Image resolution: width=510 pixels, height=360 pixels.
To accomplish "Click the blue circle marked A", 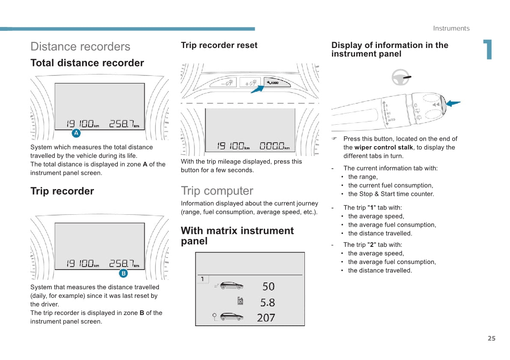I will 76,133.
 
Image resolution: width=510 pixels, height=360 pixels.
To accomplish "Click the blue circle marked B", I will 123,273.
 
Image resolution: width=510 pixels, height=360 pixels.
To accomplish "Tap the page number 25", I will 491,339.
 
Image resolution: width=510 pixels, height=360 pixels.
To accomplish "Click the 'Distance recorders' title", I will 80,47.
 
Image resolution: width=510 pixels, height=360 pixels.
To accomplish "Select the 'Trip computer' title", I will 217,191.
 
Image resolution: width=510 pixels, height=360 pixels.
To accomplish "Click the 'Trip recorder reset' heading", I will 219,45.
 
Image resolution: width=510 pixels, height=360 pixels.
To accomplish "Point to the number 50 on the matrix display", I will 268,286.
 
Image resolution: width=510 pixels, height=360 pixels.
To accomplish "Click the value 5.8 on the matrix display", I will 268,303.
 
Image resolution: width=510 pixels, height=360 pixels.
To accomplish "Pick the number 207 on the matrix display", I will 266,318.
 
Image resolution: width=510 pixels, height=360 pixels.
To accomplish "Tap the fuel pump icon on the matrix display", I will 240,301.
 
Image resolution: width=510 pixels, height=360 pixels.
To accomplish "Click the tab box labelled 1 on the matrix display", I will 203,279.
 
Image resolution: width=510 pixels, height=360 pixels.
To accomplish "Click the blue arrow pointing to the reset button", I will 258,89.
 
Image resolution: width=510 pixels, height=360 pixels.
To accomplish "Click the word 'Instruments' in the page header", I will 451,28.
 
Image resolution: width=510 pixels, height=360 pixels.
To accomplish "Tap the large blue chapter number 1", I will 487,50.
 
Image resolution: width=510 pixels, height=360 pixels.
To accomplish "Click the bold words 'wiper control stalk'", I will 384,147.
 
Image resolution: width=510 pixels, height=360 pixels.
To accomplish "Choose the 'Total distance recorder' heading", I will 87,63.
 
